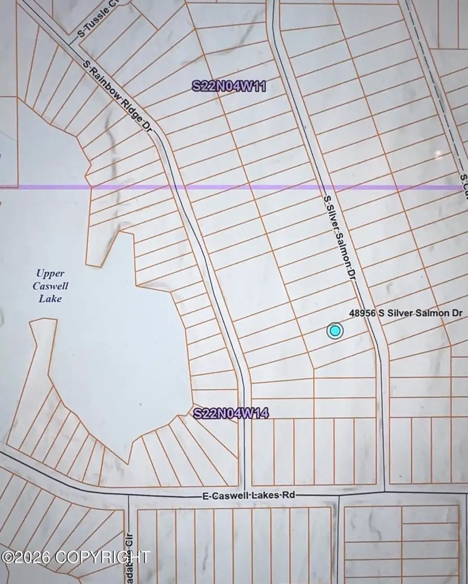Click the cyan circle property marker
pos(335,330)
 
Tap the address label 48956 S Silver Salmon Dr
pos(406,313)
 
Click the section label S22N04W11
pos(229,86)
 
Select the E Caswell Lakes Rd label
pos(249,496)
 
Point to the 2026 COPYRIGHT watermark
pos(76,558)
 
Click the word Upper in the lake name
pos(50,273)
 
